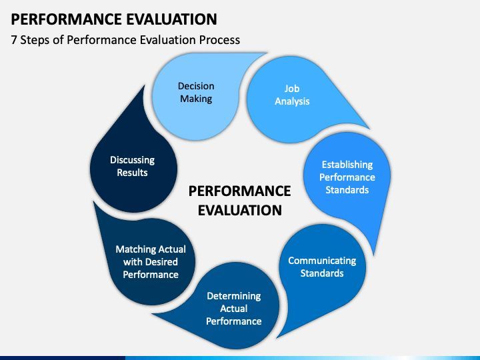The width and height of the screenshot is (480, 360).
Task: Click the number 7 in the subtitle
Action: pos(14,40)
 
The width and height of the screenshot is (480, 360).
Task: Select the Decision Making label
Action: pos(195,92)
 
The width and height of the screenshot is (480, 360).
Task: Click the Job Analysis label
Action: pos(292,95)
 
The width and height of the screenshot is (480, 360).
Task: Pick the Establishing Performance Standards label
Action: pos(347,177)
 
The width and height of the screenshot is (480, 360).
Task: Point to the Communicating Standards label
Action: pos(322,267)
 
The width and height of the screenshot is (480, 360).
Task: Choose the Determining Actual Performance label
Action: pos(233,308)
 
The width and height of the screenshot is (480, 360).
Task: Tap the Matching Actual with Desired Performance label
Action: pos(151,261)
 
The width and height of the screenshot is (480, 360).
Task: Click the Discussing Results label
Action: pos(132,166)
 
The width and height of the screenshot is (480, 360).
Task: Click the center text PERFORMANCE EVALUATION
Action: pos(239,201)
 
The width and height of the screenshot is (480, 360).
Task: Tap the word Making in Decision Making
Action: pos(195,99)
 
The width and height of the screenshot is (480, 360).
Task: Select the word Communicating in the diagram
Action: pos(322,261)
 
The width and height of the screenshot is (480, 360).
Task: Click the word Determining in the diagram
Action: pos(233,295)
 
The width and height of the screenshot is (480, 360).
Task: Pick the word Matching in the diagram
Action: pos(136,249)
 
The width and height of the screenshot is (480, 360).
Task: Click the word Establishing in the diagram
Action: pos(347,165)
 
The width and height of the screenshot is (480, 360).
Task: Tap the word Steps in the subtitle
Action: pos(37,40)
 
